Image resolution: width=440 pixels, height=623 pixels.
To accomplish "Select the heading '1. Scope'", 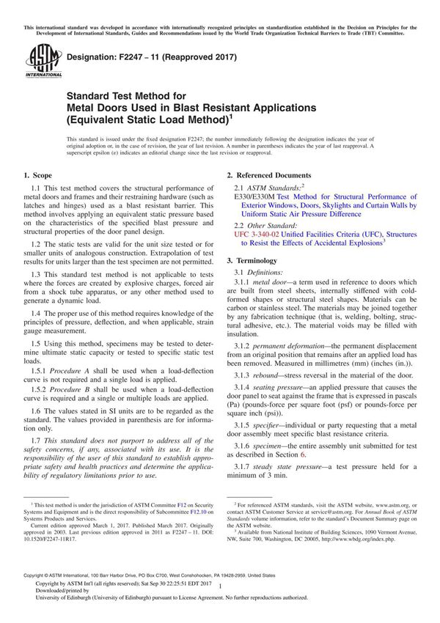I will click(x=37, y=176).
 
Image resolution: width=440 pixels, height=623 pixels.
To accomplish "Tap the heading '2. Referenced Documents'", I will click(x=268, y=176).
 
